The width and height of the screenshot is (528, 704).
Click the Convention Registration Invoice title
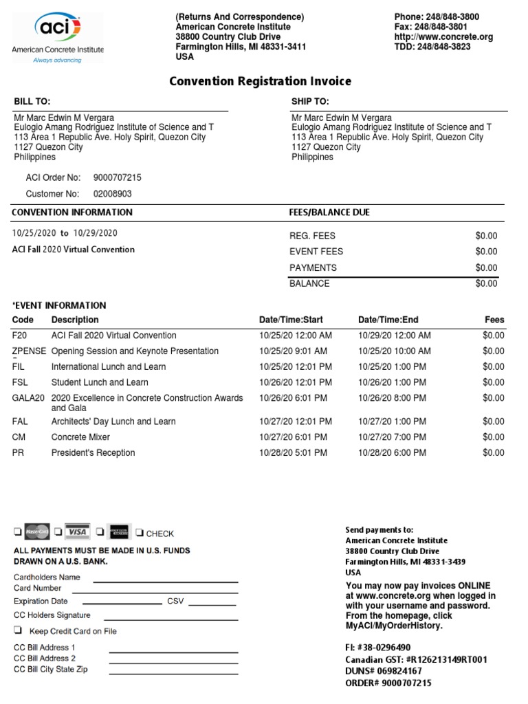point(260,82)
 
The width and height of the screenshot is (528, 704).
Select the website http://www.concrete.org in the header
point(443,37)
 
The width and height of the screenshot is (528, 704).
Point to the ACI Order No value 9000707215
point(122,177)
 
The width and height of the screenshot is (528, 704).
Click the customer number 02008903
point(113,194)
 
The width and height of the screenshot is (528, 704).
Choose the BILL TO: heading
point(32,102)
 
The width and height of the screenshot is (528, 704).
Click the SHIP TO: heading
point(310,102)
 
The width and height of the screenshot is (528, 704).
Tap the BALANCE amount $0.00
point(486,283)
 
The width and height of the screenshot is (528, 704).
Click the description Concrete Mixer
point(80,437)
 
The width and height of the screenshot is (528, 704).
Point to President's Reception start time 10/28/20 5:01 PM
point(293,453)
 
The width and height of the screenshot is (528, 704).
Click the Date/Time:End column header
point(388,320)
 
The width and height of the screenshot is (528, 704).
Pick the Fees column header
point(494,320)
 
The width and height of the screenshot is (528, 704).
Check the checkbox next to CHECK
point(140,533)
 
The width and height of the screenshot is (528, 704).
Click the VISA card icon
point(77,531)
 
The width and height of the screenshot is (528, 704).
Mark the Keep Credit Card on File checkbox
point(18,630)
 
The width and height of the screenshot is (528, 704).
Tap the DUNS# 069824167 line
point(384,671)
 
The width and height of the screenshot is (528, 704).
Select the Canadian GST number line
point(416,659)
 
